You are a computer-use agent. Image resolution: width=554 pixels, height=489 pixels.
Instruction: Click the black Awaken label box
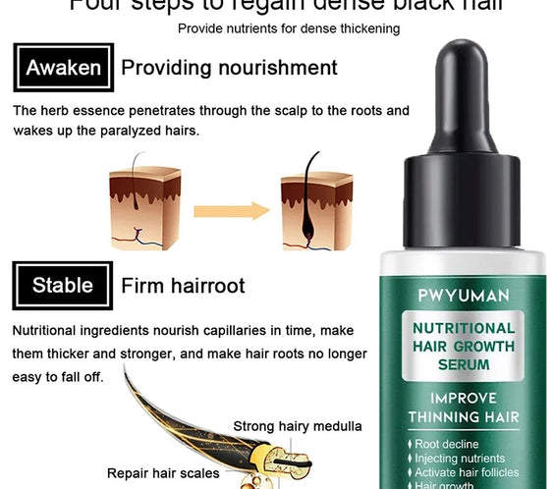coord(63,68)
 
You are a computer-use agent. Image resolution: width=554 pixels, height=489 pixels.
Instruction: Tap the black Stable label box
coord(63,286)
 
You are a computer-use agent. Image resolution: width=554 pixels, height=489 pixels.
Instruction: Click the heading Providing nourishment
coord(229,68)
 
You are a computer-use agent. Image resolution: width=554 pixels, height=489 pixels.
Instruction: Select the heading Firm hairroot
coord(183,286)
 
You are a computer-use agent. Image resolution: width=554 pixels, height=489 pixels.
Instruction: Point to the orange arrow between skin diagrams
coord(231,210)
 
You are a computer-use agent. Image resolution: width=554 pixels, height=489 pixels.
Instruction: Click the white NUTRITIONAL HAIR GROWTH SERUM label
coord(464,346)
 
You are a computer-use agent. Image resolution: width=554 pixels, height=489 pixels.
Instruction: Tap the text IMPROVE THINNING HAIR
coord(464,407)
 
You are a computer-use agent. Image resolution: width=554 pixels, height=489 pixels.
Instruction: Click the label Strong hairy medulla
coord(298,426)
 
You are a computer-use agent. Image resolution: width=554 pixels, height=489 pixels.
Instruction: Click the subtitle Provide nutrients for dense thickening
coord(289,28)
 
